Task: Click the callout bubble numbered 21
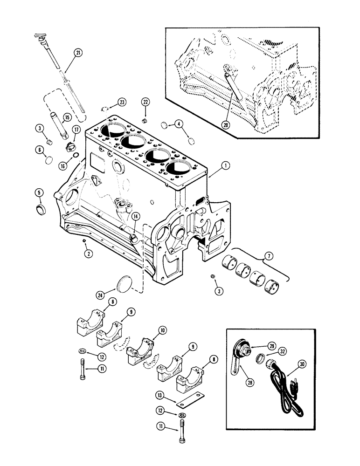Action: coord(78,53)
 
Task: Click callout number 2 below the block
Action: coord(87,254)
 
